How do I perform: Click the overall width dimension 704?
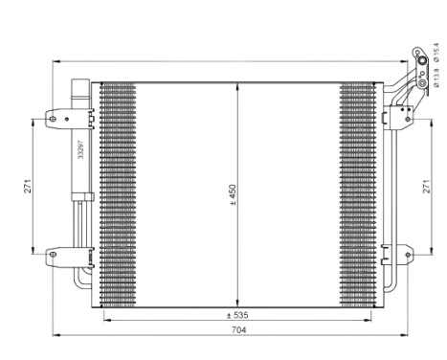tap(238, 328)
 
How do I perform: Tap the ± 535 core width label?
tap(238, 314)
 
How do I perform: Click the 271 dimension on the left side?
tap(29, 187)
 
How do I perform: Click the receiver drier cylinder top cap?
tap(80, 88)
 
